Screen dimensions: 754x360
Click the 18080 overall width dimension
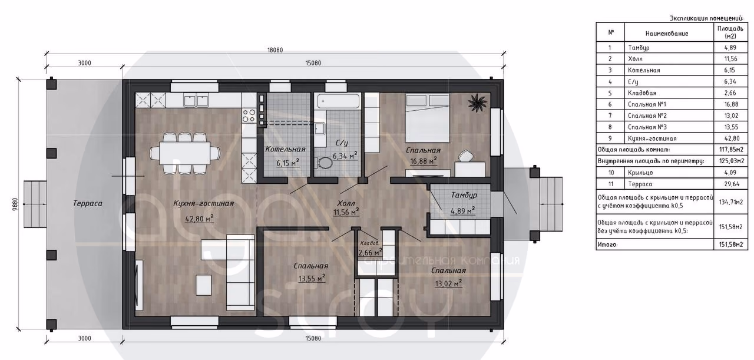[275, 50]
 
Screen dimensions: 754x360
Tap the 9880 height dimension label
[15, 204]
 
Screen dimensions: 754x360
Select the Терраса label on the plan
[88, 203]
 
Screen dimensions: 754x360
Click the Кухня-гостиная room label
[203, 203]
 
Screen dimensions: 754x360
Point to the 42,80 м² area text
[199, 219]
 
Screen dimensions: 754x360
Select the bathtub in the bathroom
[338, 101]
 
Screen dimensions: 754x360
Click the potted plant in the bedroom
[478, 103]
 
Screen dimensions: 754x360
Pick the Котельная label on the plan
[285, 149]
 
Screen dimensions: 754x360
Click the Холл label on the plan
[346, 203]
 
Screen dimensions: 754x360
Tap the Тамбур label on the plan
[464, 196]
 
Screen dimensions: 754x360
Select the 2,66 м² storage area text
[370, 252]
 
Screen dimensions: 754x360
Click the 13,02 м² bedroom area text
[448, 283]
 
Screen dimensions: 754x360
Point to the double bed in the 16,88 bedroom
[428, 118]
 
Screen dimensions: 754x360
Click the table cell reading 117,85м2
[731, 150]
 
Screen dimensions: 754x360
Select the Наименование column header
[666, 34]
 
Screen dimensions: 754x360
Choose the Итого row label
[607, 245]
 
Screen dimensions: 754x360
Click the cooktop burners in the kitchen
[249, 115]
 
